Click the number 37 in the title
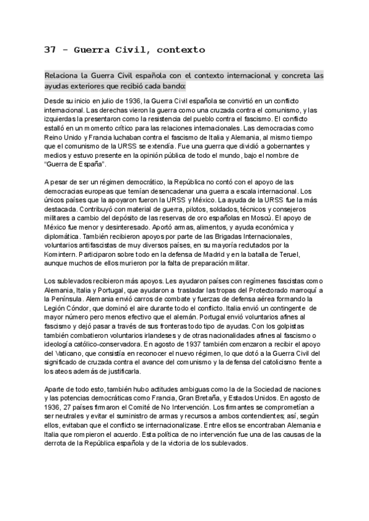(x=50, y=49)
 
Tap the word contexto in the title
(x=179, y=49)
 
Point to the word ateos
(x=63, y=371)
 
